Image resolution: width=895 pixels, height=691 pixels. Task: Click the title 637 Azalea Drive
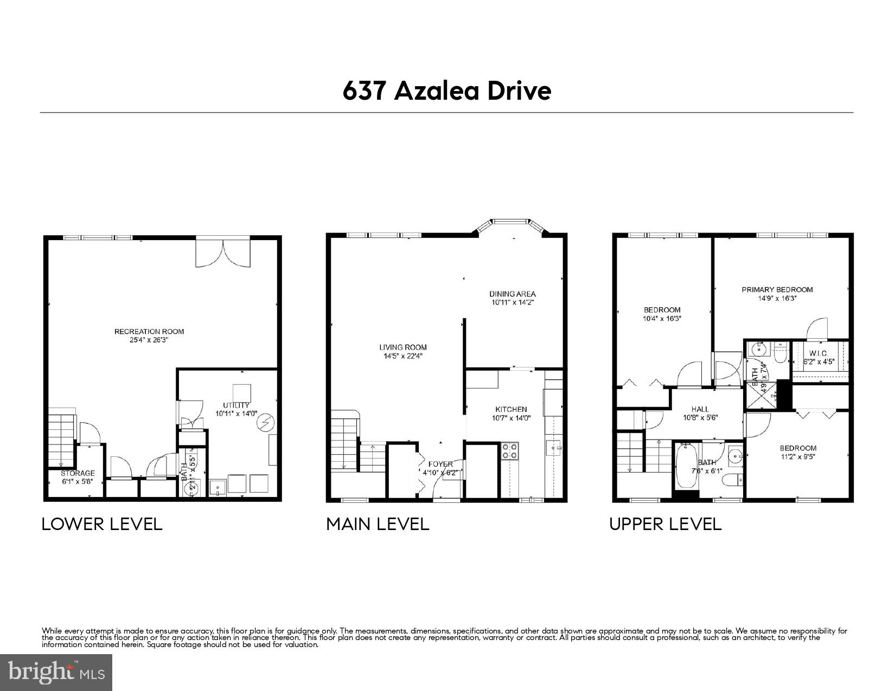446,91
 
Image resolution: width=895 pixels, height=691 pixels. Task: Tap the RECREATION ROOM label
149,332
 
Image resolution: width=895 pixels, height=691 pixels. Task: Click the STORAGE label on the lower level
78,473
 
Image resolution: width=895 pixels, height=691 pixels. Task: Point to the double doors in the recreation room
223,253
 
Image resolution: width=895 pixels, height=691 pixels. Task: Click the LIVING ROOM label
402,347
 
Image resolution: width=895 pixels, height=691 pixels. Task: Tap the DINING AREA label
512,294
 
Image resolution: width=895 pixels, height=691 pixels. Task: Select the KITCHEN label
510,409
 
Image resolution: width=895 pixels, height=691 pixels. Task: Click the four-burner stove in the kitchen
510,451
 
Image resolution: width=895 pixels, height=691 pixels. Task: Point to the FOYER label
440,464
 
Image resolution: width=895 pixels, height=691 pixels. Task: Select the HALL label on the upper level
700,409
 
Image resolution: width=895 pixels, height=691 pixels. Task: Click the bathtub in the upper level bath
686,466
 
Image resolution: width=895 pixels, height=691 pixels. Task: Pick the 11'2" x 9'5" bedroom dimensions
798,456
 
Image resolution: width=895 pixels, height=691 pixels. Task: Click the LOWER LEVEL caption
102,524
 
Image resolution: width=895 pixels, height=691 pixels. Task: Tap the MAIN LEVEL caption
378,524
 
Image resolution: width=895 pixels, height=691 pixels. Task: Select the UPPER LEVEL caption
665,524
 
